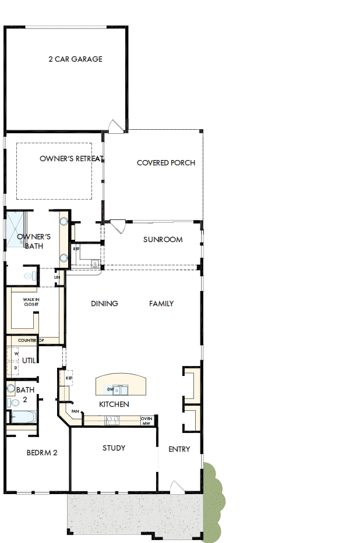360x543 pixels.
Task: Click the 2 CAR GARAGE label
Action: click(75, 59)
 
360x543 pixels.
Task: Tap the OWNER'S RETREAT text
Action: click(71, 158)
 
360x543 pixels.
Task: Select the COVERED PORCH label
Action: click(165, 163)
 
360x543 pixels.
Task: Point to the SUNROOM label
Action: click(163, 239)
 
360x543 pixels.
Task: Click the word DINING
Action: click(104, 303)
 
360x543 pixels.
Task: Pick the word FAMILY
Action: click(161, 303)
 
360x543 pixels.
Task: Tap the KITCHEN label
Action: click(114, 404)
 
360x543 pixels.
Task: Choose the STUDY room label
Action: click(114, 448)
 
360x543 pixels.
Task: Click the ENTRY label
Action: click(179, 449)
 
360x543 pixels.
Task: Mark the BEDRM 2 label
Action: click(41, 452)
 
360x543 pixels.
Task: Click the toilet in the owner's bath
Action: click(27, 275)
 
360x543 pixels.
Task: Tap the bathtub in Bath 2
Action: click(23, 417)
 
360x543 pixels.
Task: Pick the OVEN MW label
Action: click(146, 420)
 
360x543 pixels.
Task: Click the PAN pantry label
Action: click(75, 411)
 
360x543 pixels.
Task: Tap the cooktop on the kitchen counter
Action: click(112, 419)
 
